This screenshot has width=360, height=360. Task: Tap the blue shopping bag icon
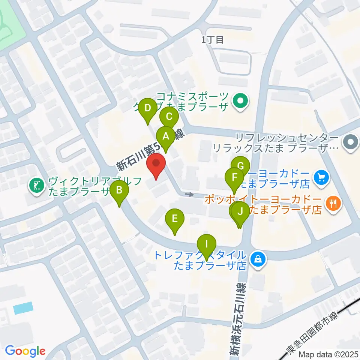[x=258, y=258]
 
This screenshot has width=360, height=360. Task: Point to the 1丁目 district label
[x=212, y=40]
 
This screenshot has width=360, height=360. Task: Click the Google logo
[x=25, y=351]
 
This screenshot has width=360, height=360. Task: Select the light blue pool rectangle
[x=23, y=308]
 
